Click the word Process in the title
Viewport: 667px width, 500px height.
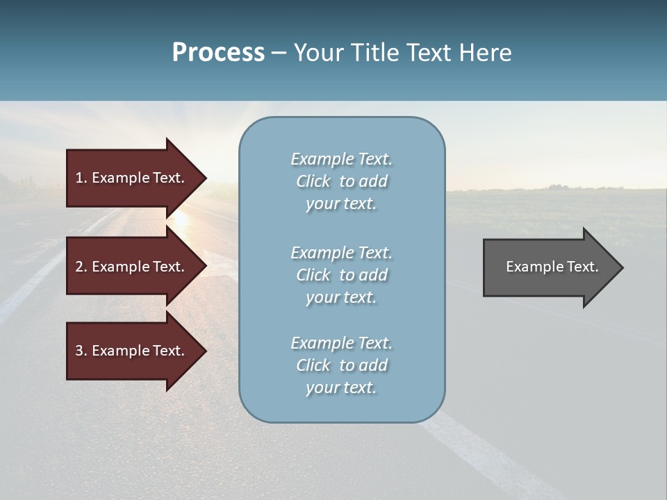pyautogui.click(x=218, y=53)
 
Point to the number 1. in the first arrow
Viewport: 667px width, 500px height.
pyautogui.click(x=81, y=178)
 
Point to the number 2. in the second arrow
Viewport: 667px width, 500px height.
pyautogui.click(x=81, y=267)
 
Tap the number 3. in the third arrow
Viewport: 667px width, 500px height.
pyautogui.click(x=81, y=351)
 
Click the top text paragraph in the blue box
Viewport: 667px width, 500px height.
pyautogui.click(x=341, y=181)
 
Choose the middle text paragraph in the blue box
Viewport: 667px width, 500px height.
pyautogui.click(x=341, y=275)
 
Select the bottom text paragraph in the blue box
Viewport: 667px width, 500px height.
pyautogui.click(x=341, y=365)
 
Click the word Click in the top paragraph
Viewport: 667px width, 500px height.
pyautogui.click(x=313, y=181)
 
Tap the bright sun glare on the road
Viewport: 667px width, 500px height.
pyautogui.click(x=181, y=218)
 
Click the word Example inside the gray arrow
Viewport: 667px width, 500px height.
pyautogui.click(x=530, y=267)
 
